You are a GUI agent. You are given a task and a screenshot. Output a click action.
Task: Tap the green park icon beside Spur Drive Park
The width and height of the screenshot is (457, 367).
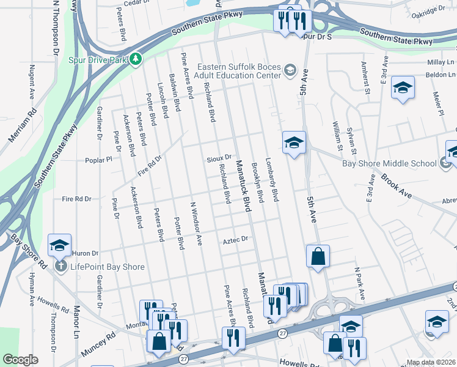tap(135, 59)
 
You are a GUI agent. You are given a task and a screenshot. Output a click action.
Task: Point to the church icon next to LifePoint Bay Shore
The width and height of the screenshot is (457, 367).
tap(60, 267)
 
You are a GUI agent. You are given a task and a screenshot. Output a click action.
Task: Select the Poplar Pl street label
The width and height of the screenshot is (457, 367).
tap(100, 159)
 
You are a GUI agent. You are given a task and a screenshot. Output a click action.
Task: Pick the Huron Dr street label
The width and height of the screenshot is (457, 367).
tap(85, 253)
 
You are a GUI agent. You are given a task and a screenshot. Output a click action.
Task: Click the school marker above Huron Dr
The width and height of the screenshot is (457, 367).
tap(60, 245)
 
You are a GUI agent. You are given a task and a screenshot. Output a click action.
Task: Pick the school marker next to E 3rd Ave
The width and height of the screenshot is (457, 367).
tap(403, 87)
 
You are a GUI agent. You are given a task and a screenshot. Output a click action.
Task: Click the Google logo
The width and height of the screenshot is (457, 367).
tap(20, 360)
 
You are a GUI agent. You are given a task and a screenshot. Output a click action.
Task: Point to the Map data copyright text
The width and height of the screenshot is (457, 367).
tap(429, 361)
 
